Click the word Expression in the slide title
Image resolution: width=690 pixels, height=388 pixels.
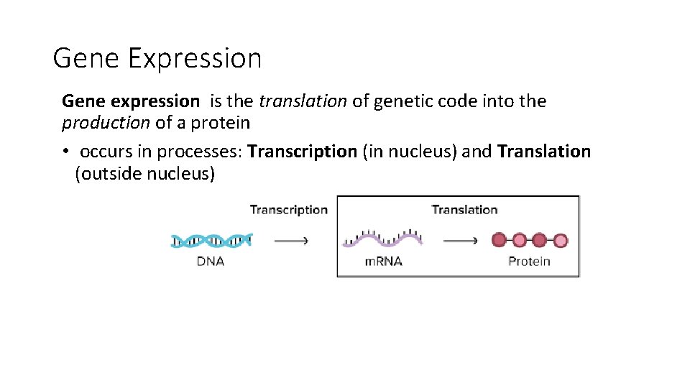point(195,58)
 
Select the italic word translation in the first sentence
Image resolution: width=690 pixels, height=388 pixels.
point(303,101)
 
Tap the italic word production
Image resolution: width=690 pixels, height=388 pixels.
point(106,123)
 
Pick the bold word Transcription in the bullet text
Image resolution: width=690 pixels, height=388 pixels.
point(302,152)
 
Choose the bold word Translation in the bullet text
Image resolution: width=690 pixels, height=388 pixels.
point(543,152)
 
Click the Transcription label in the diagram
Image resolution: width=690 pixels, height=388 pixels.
point(288,210)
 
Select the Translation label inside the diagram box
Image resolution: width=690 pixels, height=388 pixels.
point(464,210)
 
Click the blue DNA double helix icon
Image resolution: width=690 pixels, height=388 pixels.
point(211,240)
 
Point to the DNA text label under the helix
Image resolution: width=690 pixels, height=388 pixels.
point(211,262)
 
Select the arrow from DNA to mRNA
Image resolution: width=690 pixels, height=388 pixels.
point(292,241)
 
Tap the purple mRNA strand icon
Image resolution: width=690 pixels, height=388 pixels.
point(382,239)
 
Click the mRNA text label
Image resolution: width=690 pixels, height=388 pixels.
point(383,262)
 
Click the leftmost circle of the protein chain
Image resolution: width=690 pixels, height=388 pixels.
point(499,240)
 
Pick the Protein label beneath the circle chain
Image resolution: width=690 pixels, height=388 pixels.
point(529,262)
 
